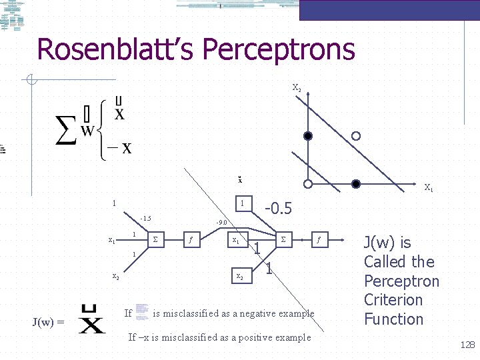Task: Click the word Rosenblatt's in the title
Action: (115, 49)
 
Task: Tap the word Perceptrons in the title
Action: (279, 49)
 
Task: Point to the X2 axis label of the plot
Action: (297, 87)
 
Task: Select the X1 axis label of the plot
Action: (429, 188)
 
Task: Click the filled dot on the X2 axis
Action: (307, 136)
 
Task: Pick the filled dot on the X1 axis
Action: (356, 183)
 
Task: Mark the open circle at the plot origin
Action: (307, 183)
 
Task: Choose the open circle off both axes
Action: (356, 136)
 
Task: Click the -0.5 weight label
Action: (279, 209)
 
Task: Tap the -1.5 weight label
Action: (145, 219)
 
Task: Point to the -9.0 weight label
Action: (222, 223)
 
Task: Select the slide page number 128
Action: (467, 345)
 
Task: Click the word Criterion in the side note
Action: (393, 300)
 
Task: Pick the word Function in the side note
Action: (393, 319)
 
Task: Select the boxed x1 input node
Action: (236, 239)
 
